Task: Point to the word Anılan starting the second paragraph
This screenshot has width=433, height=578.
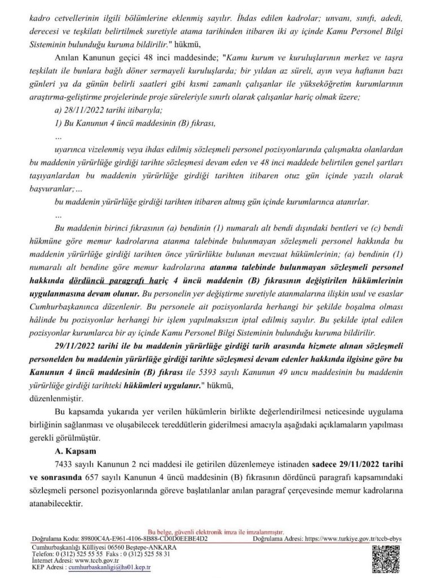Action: [x=65, y=56]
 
